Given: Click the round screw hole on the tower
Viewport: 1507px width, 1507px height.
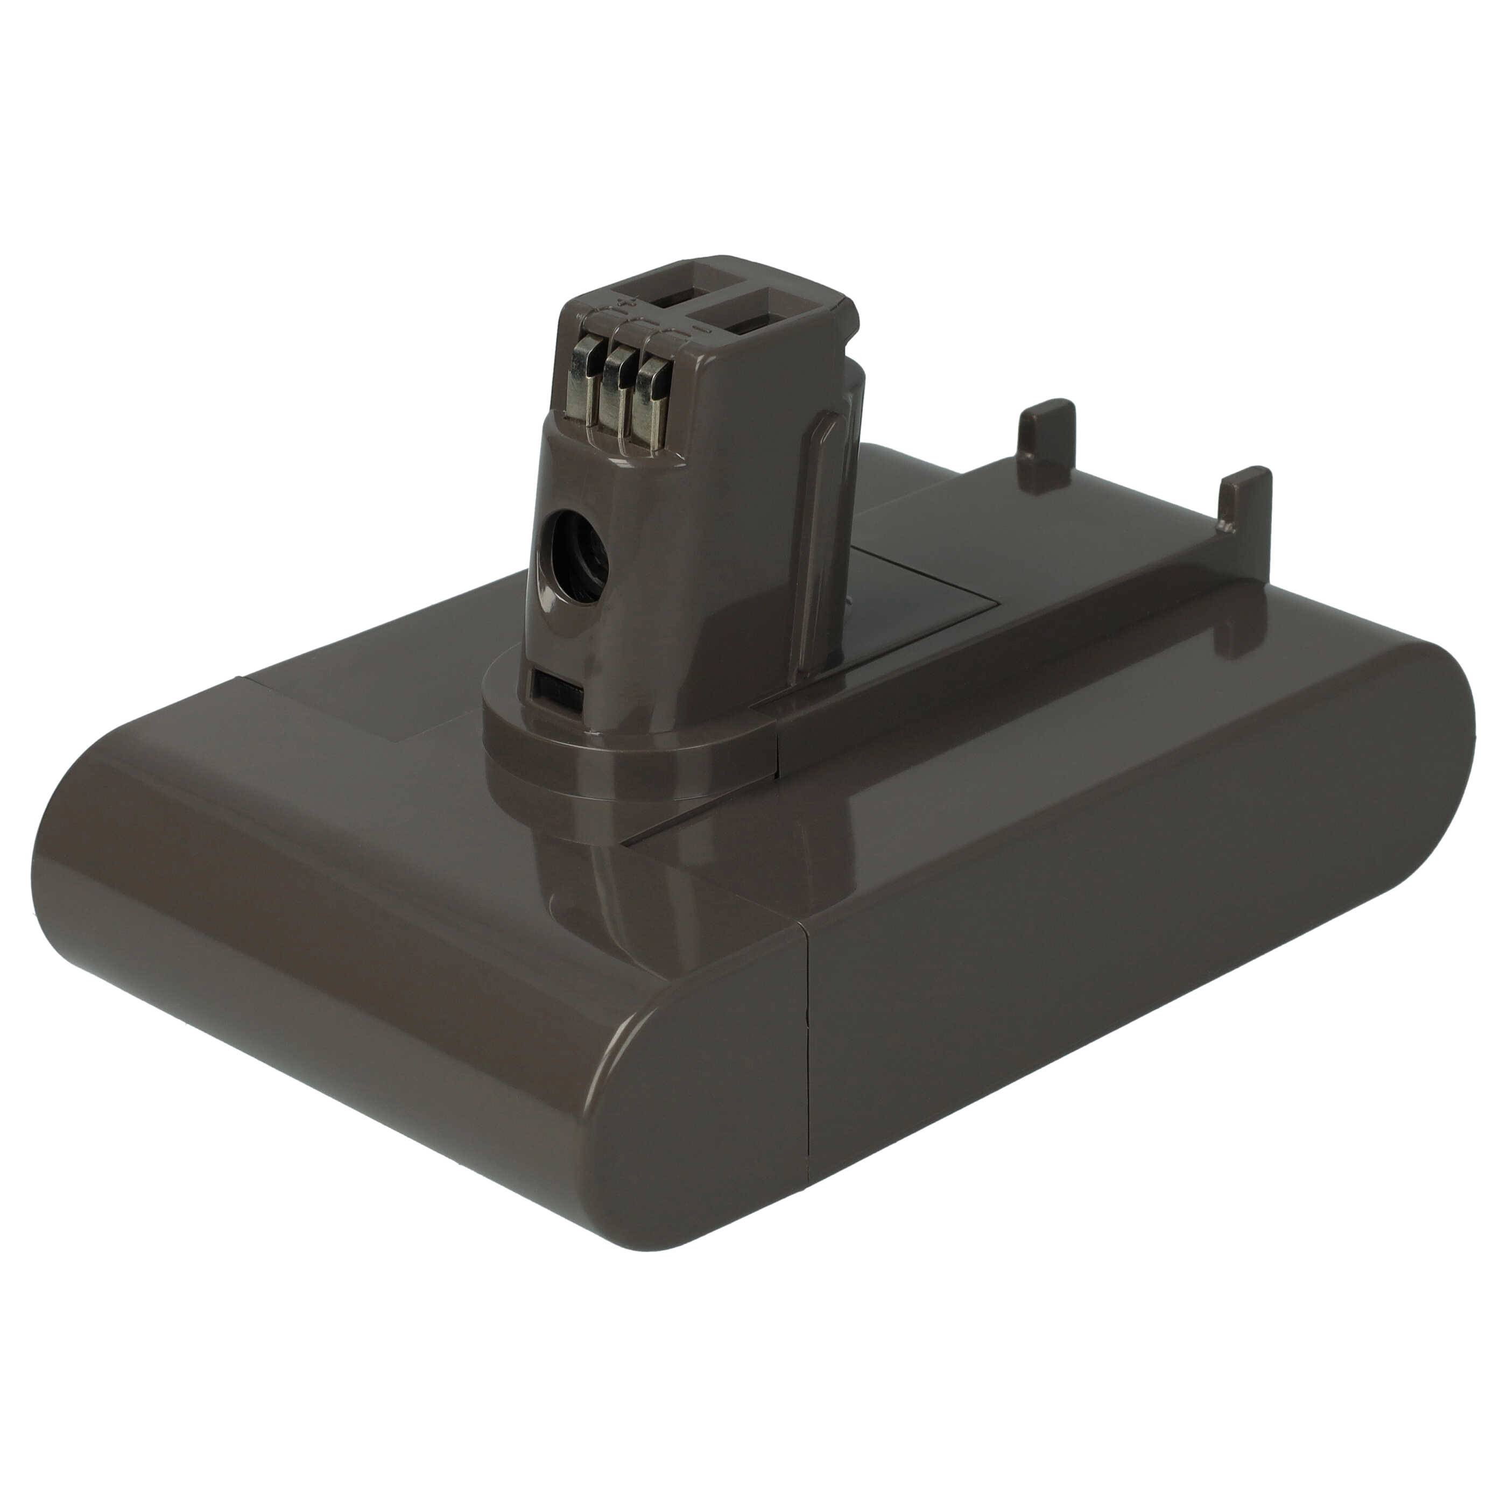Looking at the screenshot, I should click(576, 561).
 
